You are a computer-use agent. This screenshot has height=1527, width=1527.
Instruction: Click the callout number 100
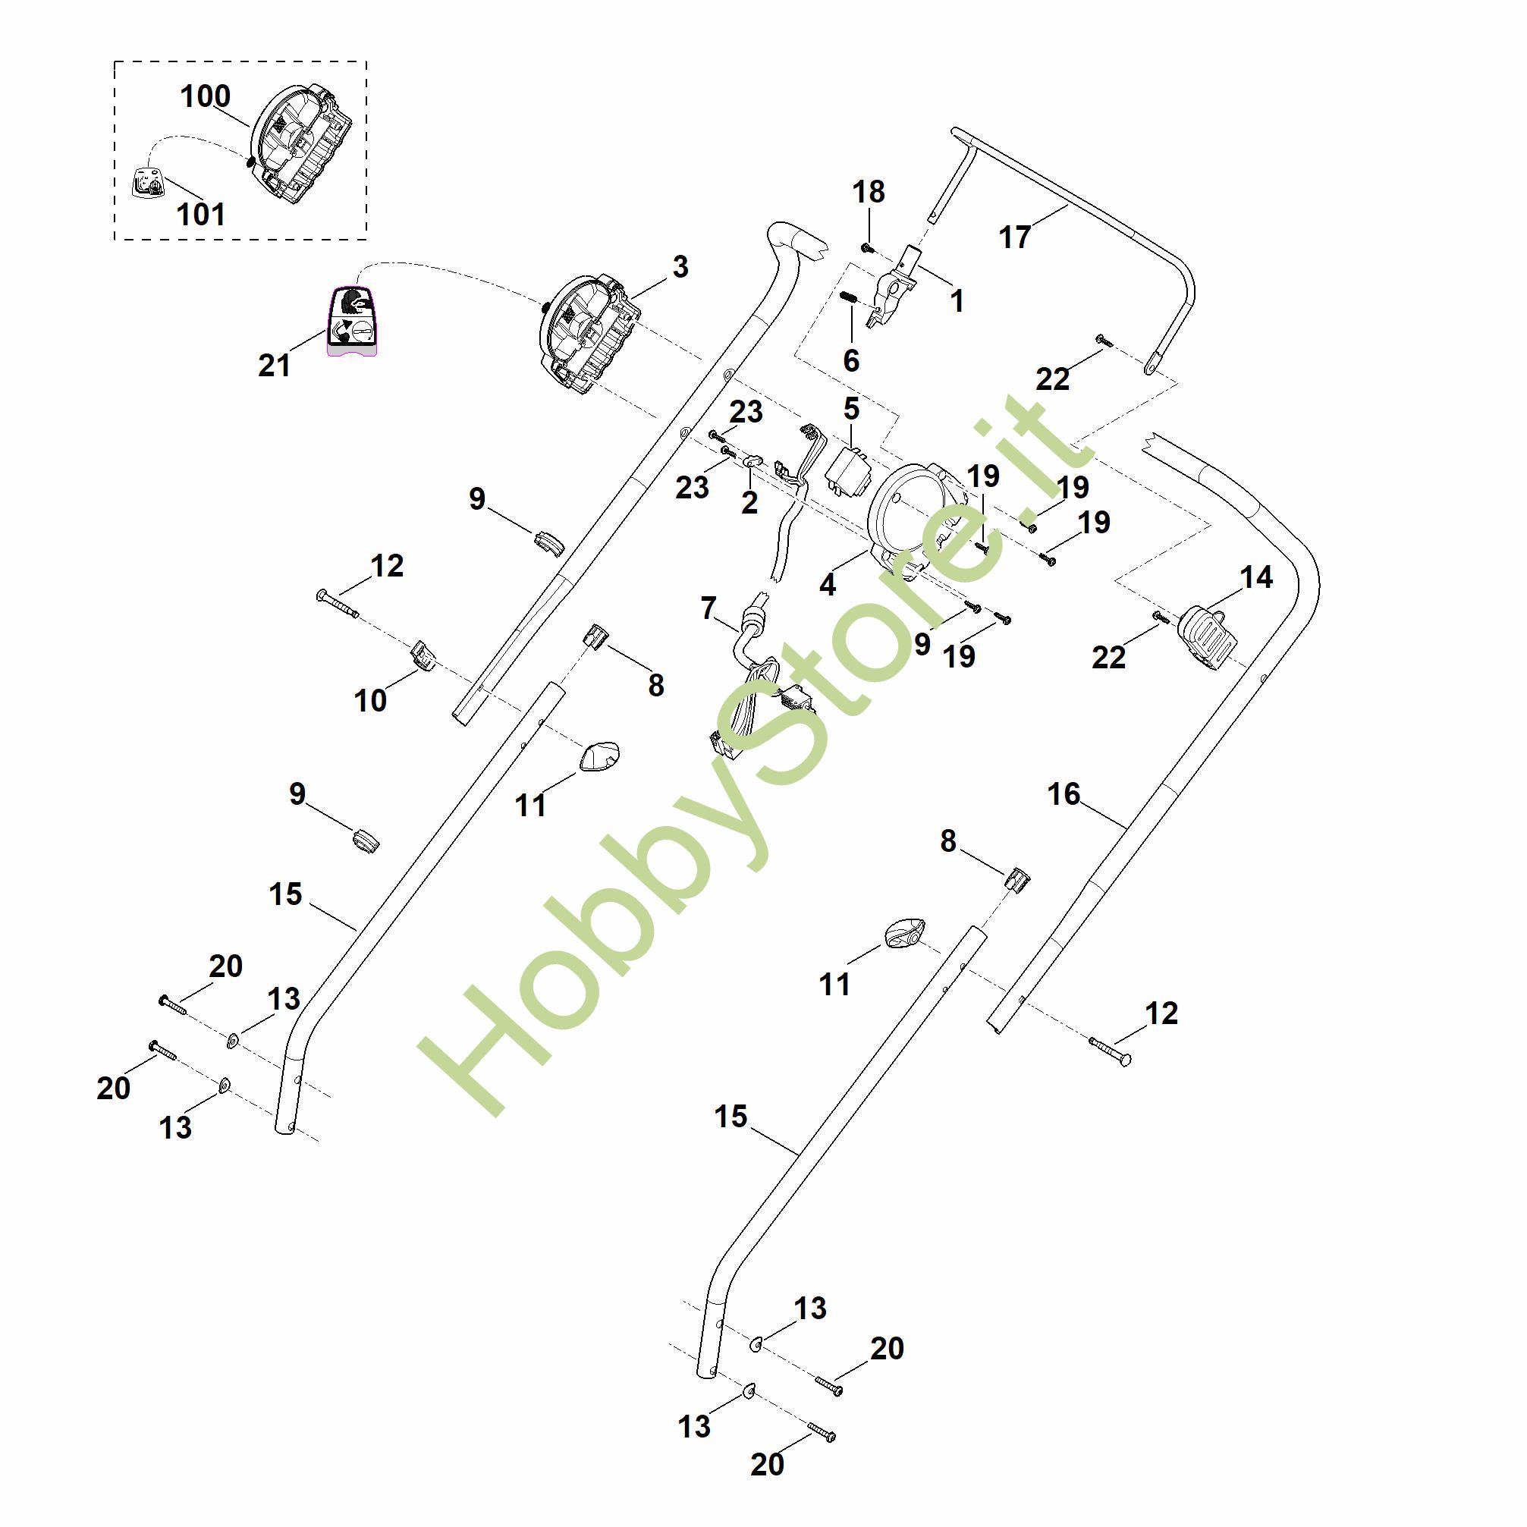(x=206, y=96)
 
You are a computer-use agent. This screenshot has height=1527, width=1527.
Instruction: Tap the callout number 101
(x=201, y=214)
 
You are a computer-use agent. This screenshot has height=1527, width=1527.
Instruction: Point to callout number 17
(x=1016, y=237)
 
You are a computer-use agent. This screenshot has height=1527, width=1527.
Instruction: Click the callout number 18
(x=869, y=191)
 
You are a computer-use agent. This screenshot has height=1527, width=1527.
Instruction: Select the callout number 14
(x=1257, y=577)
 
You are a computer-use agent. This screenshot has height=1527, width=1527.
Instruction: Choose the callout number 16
(x=1063, y=794)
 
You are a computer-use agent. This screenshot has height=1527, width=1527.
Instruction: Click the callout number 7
(x=709, y=608)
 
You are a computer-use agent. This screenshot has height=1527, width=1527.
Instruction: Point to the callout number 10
(x=370, y=700)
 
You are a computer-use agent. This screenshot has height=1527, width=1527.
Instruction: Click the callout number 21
(x=275, y=365)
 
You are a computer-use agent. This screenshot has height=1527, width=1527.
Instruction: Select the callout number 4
(x=828, y=585)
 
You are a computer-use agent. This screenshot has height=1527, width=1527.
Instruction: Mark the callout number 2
(x=749, y=503)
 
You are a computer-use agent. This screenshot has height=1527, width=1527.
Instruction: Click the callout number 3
(x=680, y=266)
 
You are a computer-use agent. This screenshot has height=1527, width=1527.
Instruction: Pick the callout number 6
(x=851, y=360)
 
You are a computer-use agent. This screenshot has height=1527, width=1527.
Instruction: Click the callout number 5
(x=851, y=409)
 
